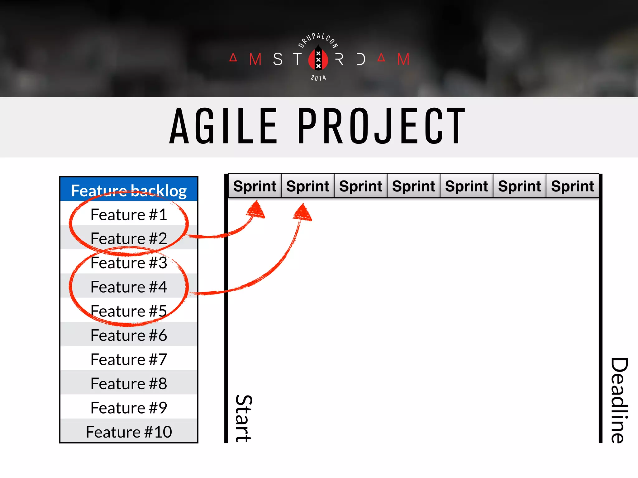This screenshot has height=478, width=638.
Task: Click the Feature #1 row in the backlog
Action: point(129,214)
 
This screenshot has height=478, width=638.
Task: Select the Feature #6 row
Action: point(129,335)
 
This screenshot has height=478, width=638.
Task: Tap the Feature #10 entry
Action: point(129,432)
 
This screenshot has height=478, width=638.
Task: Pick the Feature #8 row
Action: point(129,383)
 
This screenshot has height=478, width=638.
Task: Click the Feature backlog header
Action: point(129,190)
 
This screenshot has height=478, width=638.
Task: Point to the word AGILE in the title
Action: point(223,126)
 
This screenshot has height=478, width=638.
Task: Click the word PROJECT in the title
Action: point(381,126)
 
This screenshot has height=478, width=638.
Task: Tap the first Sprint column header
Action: point(255,186)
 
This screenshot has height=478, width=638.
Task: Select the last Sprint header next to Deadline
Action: point(572,186)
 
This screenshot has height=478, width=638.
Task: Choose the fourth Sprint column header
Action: point(413,186)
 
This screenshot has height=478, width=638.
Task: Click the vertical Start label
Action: point(244,419)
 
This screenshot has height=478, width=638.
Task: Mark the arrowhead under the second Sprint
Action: point(303,213)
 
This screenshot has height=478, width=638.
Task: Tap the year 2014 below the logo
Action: point(318,78)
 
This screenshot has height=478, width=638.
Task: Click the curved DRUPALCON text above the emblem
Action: point(318,39)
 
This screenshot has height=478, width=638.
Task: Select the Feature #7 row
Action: point(129,359)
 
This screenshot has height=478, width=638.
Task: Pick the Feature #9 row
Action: point(129,408)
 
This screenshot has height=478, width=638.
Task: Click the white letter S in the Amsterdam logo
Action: point(278,59)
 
